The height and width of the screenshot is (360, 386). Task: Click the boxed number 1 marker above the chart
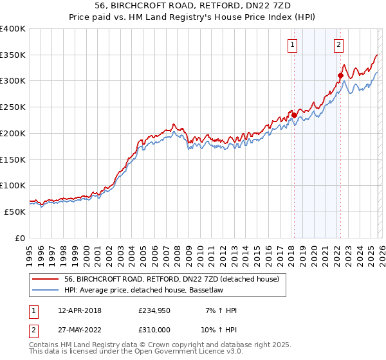click(293, 45)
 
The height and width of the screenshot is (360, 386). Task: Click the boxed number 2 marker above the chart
click(338, 45)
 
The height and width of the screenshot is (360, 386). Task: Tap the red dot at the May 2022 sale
click(340, 75)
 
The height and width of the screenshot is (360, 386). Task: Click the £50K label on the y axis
click(15, 212)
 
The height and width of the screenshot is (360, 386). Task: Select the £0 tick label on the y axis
click(21, 238)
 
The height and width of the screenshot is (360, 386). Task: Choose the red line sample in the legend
click(46, 280)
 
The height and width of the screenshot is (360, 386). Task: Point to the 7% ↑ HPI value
click(221, 310)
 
